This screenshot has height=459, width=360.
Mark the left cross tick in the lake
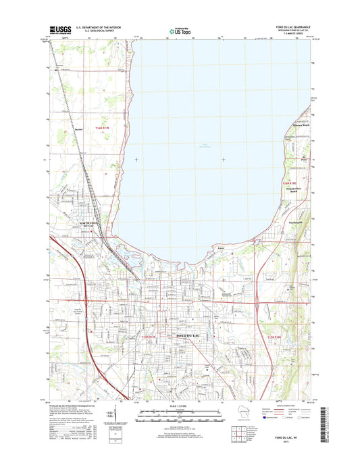(138, 160)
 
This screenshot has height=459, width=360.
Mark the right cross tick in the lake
(224, 160)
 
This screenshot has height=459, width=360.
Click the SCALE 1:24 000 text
(180, 406)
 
